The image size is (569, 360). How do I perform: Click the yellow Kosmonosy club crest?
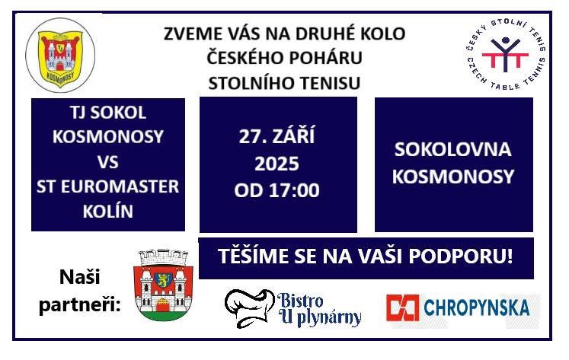pyautogui.click(x=60, y=55)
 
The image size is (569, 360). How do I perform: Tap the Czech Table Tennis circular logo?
pyautogui.click(x=505, y=53)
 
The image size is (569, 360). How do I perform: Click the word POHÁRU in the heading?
pyautogui.click(x=326, y=58)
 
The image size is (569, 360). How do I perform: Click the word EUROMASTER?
pyautogui.click(x=120, y=186)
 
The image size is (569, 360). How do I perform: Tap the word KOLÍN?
pyautogui.click(x=107, y=212)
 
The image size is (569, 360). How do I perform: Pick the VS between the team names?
pyautogui.click(x=107, y=162)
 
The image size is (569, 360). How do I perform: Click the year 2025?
pyautogui.click(x=277, y=164)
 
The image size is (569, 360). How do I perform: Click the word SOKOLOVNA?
pyautogui.click(x=453, y=149)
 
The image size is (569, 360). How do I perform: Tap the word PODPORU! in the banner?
pyautogui.click(x=461, y=256)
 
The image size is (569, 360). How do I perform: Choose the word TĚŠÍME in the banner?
pyautogui.click(x=253, y=255)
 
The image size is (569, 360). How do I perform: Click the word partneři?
pyautogui.click(x=79, y=305)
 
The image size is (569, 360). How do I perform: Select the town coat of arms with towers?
pyautogui.click(x=163, y=285)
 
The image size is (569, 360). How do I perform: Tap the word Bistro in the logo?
pyautogui.click(x=300, y=301)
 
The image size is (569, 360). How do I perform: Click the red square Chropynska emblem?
pyautogui.click(x=402, y=308)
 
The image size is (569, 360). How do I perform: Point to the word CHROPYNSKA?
pyautogui.click(x=477, y=307)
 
